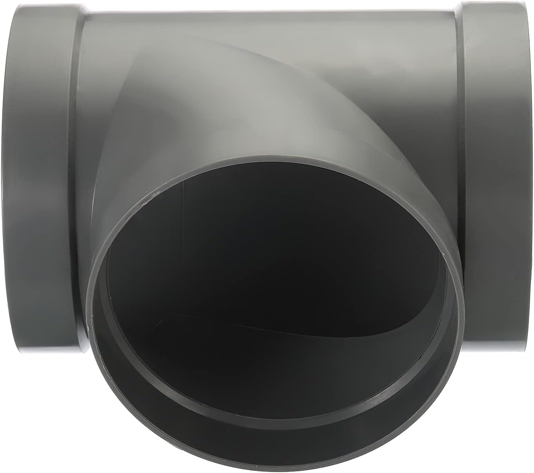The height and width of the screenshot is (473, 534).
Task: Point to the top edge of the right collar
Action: click(x=496, y=3)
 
